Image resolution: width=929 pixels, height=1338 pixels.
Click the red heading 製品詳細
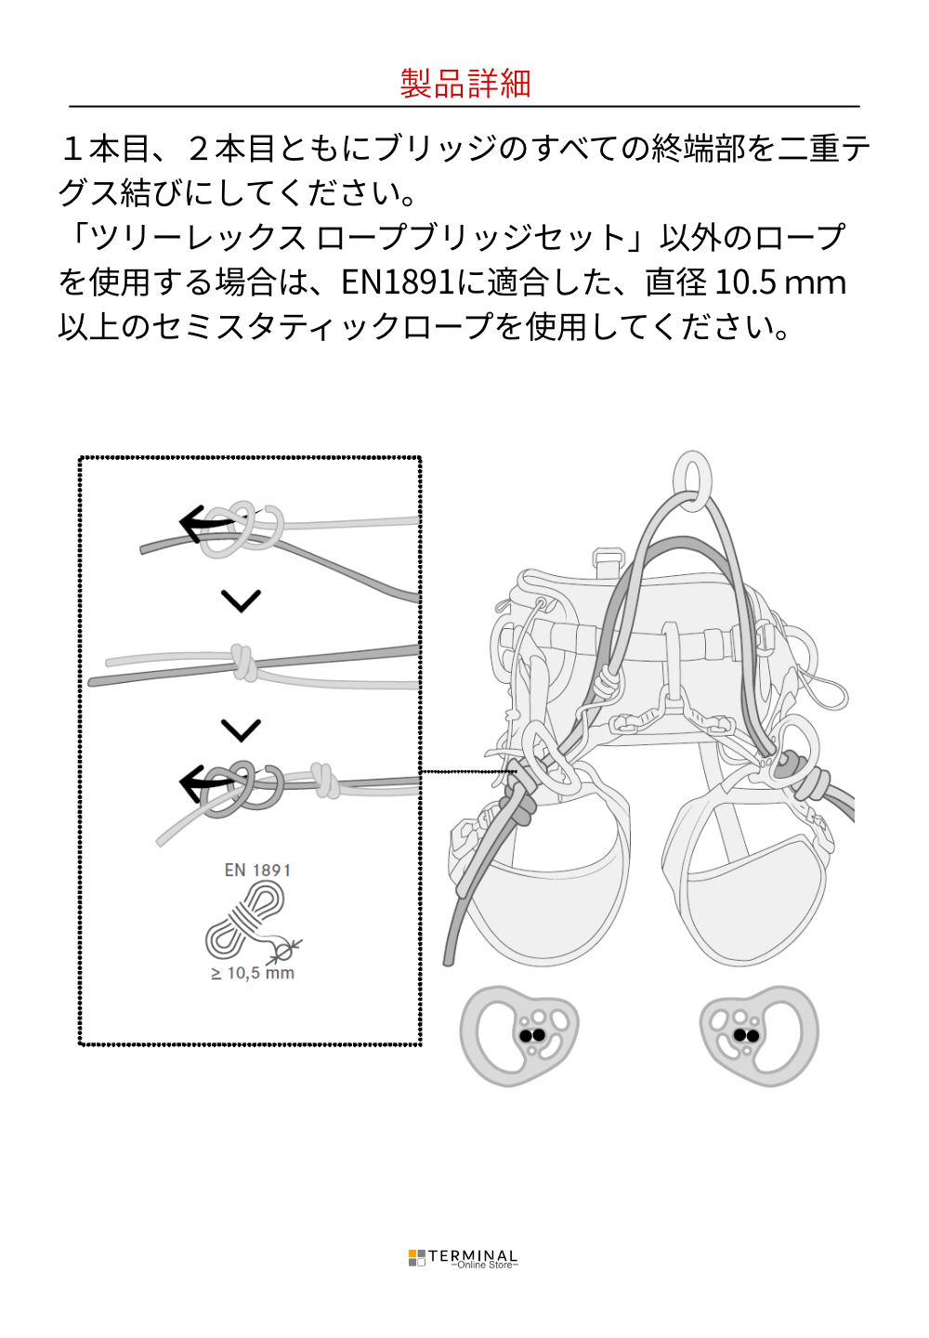click(x=464, y=83)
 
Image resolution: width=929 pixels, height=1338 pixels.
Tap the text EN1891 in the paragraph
click(x=398, y=282)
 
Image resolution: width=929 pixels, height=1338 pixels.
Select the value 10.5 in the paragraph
click(x=743, y=282)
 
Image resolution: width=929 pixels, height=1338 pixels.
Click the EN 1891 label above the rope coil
click(x=257, y=870)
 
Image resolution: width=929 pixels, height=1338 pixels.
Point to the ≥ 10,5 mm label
click(x=253, y=973)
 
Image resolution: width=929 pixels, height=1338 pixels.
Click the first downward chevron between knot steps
click(x=241, y=600)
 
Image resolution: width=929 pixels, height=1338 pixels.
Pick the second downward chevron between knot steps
click(x=241, y=729)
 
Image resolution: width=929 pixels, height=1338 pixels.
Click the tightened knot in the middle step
click(x=243, y=662)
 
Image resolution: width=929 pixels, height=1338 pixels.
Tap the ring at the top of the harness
click(x=693, y=481)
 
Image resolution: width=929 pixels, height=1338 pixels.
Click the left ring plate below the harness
click(x=518, y=1036)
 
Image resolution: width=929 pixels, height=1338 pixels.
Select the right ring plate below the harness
click(x=759, y=1036)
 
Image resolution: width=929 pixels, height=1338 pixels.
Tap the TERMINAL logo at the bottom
click(x=463, y=1257)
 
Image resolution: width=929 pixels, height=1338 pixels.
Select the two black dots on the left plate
click(x=532, y=1035)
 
